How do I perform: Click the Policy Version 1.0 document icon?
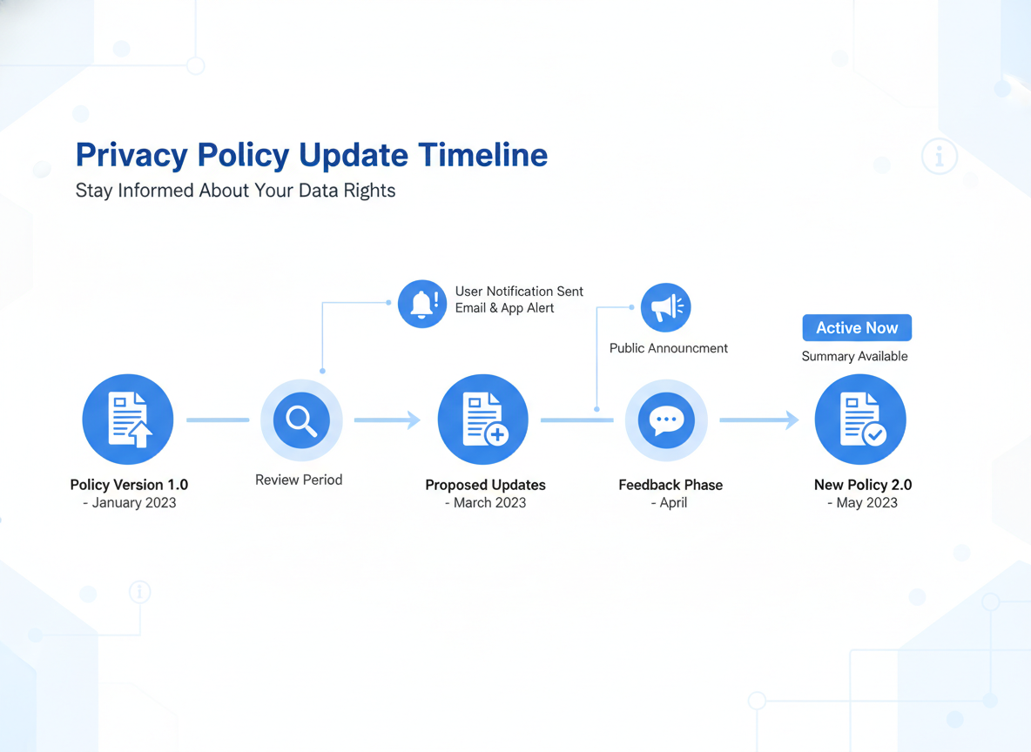[x=128, y=420]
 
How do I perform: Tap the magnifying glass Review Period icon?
[x=301, y=420]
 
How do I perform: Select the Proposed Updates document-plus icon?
[x=483, y=420]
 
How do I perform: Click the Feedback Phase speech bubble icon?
[x=666, y=420]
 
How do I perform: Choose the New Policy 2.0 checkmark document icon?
[x=860, y=420]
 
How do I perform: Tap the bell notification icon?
[x=422, y=304]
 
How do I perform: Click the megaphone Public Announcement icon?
[x=665, y=306]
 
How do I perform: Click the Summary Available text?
[x=854, y=356]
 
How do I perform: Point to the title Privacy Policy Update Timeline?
[x=312, y=155]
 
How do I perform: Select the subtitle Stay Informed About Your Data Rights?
[x=235, y=191]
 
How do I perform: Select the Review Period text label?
[x=299, y=480]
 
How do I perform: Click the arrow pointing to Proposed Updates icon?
[x=387, y=420]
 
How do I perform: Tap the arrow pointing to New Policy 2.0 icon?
[x=758, y=420]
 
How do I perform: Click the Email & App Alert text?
[x=504, y=308]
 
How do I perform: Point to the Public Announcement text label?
[x=668, y=348]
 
